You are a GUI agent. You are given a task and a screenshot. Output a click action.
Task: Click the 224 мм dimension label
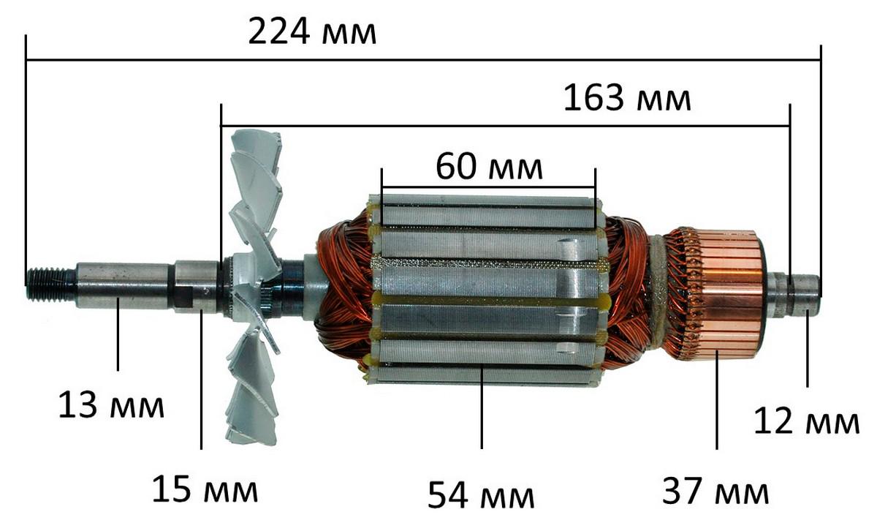click(x=312, y=32)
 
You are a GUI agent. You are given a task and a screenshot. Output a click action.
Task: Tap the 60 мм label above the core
click(x=489, y=167)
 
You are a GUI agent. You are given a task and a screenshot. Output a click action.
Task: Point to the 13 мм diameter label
click(x=111, y=405)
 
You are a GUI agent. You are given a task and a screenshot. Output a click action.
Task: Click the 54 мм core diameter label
click(x=481, y=495)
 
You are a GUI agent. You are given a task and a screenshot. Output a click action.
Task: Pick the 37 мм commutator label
click(x=715, y=492)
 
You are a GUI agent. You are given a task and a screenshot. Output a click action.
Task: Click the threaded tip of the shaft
click(x=51, y=285)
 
